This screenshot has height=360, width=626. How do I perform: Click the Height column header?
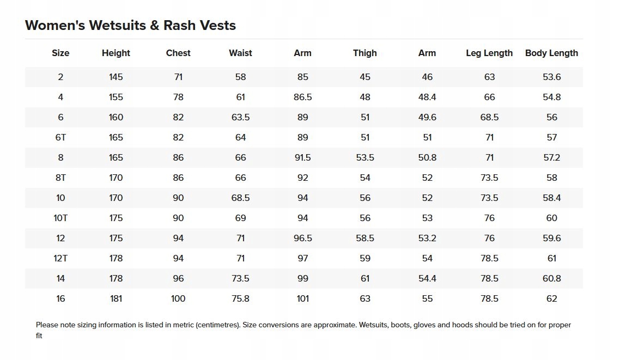coord(116,53)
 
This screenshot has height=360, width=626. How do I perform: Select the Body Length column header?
coord(551,53)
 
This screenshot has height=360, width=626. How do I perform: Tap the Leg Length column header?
coord(489,53)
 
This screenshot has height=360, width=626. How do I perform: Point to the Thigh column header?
coord(364,53)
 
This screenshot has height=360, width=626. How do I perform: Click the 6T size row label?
coord(60,137)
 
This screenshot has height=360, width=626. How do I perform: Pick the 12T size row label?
coord(60,258)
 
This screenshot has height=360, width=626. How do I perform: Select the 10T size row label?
coord(60,218)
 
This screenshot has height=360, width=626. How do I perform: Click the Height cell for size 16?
coord(116,298)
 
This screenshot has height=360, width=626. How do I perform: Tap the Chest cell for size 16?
coord(178,298)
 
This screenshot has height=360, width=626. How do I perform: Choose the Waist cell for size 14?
coord(240,278)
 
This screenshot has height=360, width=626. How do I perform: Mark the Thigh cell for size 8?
coord(364,157)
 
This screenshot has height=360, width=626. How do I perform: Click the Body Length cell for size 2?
coord(551,77)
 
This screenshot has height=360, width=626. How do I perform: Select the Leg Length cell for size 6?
coord(489,117)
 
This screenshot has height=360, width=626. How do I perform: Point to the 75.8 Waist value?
coord(240,298)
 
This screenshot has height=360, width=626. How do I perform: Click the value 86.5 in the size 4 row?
coord(302,97)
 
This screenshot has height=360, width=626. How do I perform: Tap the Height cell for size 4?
coord(116,97)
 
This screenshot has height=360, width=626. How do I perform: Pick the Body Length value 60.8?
coord(551,278)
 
